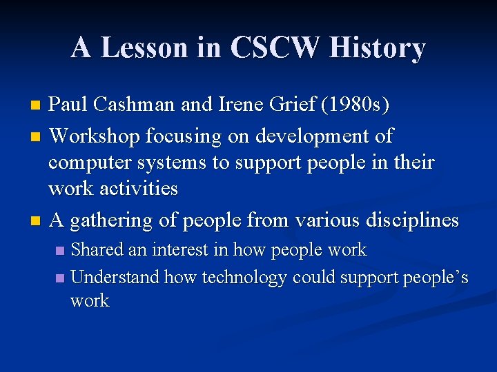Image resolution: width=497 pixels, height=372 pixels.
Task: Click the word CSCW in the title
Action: click(x=275, y=48)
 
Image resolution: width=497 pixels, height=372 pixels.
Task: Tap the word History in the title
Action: click(x=378, y=48)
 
